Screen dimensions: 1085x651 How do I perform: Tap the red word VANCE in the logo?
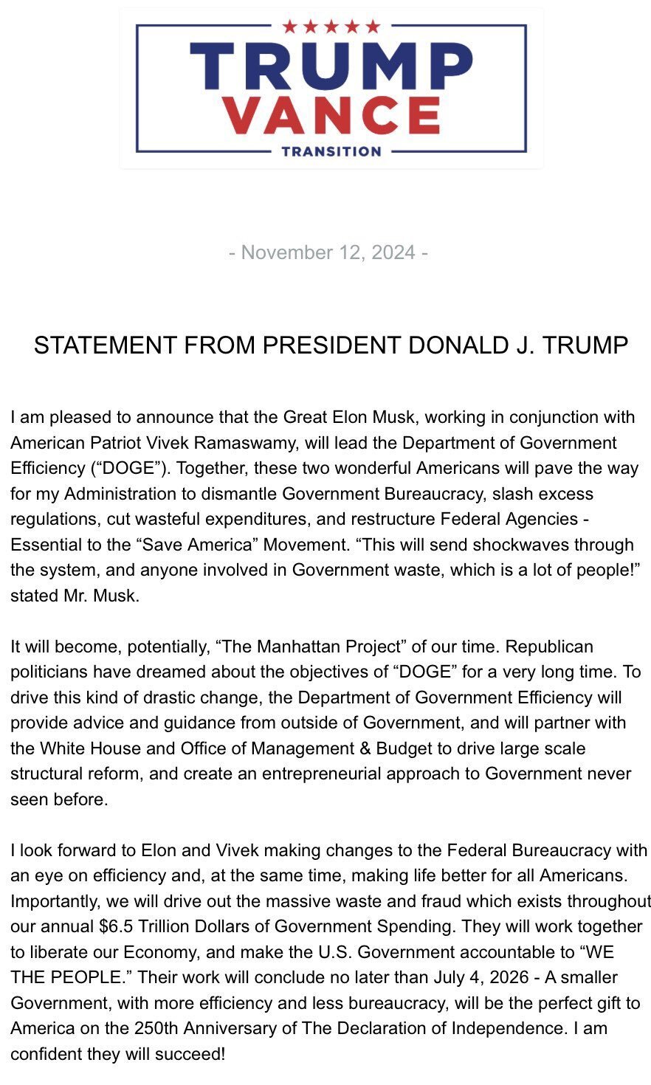331,115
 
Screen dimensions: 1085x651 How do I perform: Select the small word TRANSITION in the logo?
331,151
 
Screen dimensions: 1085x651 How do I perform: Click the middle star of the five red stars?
331,27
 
